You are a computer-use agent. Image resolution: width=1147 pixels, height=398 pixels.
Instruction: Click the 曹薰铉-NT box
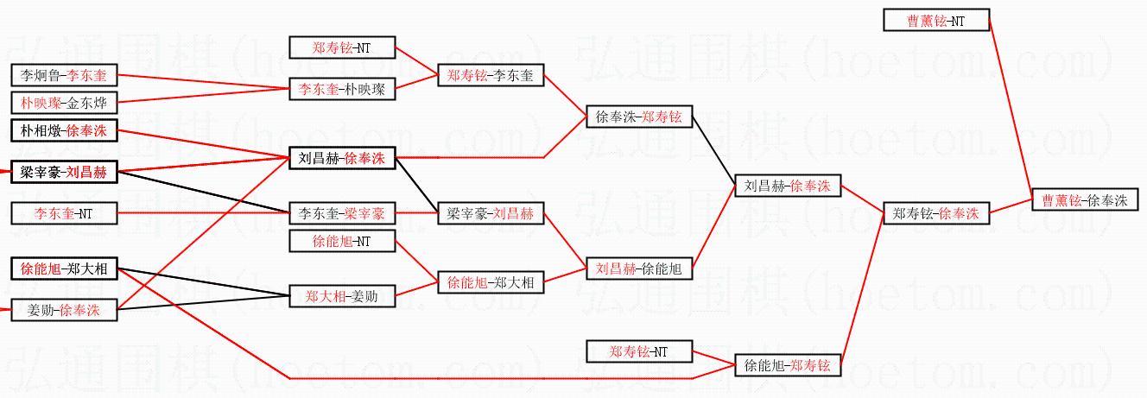tap(936, 20)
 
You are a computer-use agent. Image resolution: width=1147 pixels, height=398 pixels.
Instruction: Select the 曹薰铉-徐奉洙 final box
tap(1085, 200)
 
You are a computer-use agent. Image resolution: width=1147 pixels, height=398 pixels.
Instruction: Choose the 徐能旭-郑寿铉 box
tap(787, 365)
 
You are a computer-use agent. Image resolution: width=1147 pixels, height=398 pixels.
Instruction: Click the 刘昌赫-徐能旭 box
tap(638, 268)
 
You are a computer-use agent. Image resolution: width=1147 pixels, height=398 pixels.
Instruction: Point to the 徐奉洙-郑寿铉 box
tap(638, 117)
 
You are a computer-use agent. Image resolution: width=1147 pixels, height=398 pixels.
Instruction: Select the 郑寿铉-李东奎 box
tap(490, 76)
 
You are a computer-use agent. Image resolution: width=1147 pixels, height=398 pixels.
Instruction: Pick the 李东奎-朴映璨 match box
tap(341, 88)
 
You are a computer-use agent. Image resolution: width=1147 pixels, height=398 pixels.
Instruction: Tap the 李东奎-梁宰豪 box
tap(341, 212)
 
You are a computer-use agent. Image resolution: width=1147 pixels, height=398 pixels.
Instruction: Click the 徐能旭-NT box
tap(341, 242)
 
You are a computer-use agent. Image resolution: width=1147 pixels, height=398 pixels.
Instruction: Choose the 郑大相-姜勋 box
tap(341, 296)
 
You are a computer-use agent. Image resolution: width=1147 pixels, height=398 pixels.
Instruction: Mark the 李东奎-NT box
tap(63, 212)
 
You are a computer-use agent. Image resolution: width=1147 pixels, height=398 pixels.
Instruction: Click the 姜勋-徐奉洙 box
tap(63, 310)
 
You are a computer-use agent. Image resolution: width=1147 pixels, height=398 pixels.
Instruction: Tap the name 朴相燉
tap(39, 130)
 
